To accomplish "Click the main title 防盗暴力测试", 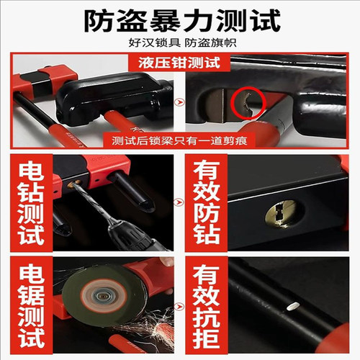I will (x=179, y=20).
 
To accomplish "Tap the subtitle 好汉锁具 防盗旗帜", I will (x=179, y=43).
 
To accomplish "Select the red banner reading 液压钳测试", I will (x=179, y=63).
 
